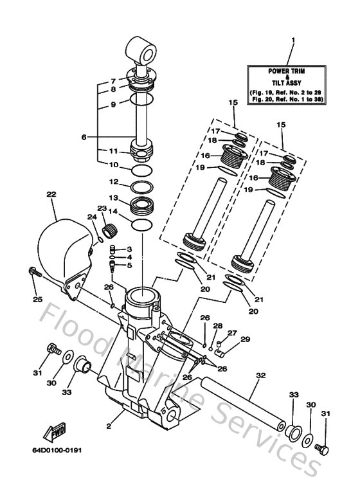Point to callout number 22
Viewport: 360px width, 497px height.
click(51, 194)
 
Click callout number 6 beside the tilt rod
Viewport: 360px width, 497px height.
click(102, 136)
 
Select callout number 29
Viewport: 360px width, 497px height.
click(245, 339)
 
